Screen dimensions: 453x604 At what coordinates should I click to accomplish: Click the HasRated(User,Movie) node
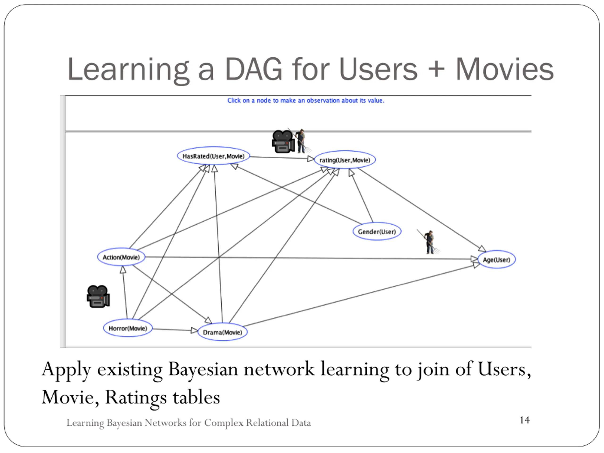213,156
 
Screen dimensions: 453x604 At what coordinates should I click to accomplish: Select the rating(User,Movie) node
345,160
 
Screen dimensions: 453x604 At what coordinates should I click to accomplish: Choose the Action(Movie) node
121,257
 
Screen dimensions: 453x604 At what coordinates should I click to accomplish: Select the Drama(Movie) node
222,332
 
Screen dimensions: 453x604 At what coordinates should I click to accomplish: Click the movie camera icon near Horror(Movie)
98,297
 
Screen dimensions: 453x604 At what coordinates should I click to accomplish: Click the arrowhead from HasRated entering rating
310,159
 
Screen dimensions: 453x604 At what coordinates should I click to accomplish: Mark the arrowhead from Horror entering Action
123,270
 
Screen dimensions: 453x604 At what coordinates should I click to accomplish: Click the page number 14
524,420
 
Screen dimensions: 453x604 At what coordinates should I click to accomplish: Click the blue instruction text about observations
306,101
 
